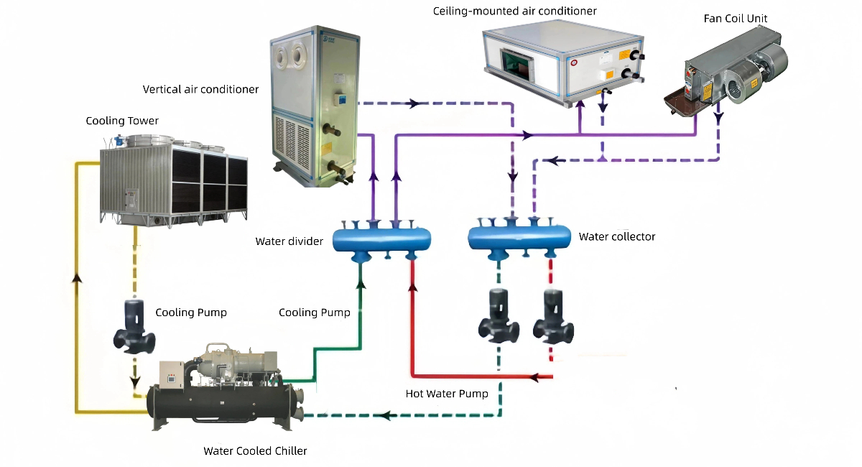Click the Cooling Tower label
[122, 121]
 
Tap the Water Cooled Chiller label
[255, 451]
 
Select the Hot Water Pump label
[447, 394]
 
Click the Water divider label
[289, 241]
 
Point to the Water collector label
[617, 236]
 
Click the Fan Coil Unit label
[735, 17]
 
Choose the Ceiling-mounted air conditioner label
[514, 11]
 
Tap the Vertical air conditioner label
[200, 89]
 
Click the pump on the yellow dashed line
[134, 327]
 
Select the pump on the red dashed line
[553, 316]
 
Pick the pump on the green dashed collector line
[499, 316]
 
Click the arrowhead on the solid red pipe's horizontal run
[534, 376]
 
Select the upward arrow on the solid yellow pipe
[75, 277]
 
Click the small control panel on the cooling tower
[131, 195]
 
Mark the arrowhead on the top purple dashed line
[413, 103]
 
